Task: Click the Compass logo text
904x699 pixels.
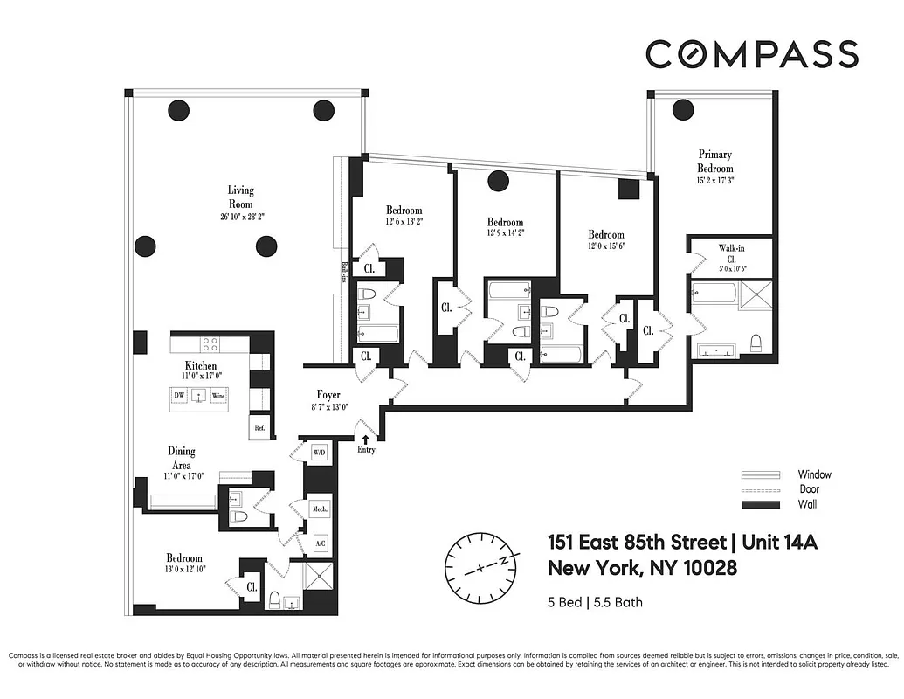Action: click(752, 54)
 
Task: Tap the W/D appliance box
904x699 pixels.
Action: click(319, 453)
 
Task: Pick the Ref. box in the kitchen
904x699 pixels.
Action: click(259, 428)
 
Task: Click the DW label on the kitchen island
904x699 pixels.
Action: click(178, 396)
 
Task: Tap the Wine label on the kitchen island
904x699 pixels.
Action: click(217, 396)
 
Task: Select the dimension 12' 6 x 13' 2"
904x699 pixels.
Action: click(404, 221)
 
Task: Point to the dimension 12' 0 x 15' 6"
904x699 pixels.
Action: click(605, 246)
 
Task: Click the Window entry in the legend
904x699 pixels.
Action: click(813, 474)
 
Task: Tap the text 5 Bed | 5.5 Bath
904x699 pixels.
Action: click(595, 602)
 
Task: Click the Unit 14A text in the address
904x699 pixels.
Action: click(780, 543)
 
